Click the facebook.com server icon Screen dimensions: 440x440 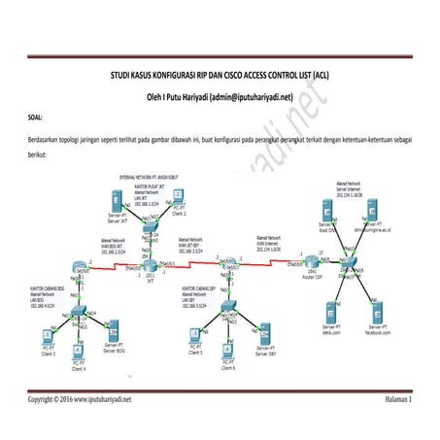click(377, 314)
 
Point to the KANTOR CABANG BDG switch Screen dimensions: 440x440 click(81, 311)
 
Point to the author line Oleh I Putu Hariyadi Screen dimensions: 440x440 click(220, 97)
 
